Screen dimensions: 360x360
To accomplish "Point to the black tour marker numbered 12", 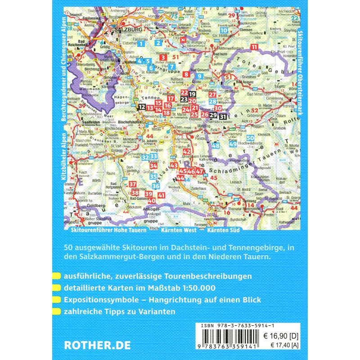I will coord(142,107).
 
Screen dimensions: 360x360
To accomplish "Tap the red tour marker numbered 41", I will coord(162,195).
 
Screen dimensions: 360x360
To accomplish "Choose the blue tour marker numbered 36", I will coord(156,185).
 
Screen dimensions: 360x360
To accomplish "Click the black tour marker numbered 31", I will coord(223,116).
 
